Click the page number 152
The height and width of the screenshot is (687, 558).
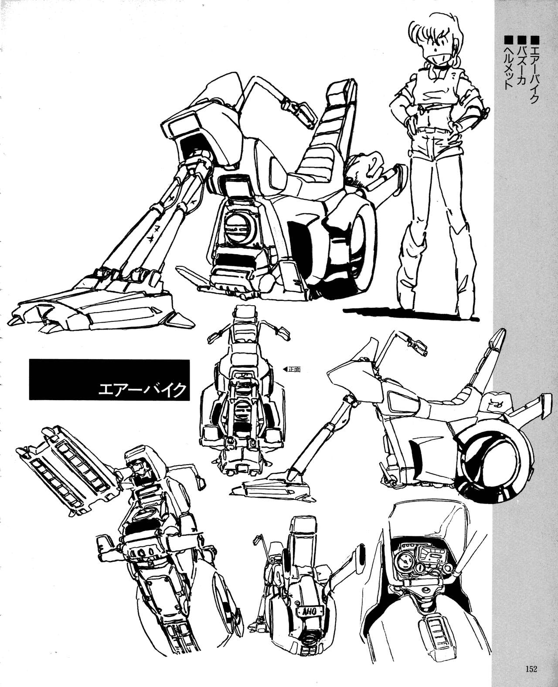[x=531, y=667]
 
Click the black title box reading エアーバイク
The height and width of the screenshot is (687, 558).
[x=109, y=380]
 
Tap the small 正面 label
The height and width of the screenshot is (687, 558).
[x=294, y=369]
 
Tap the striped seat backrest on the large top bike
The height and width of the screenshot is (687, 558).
[x=324, y=129]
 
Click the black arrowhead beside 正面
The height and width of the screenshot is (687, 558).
[x=285, y=369]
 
